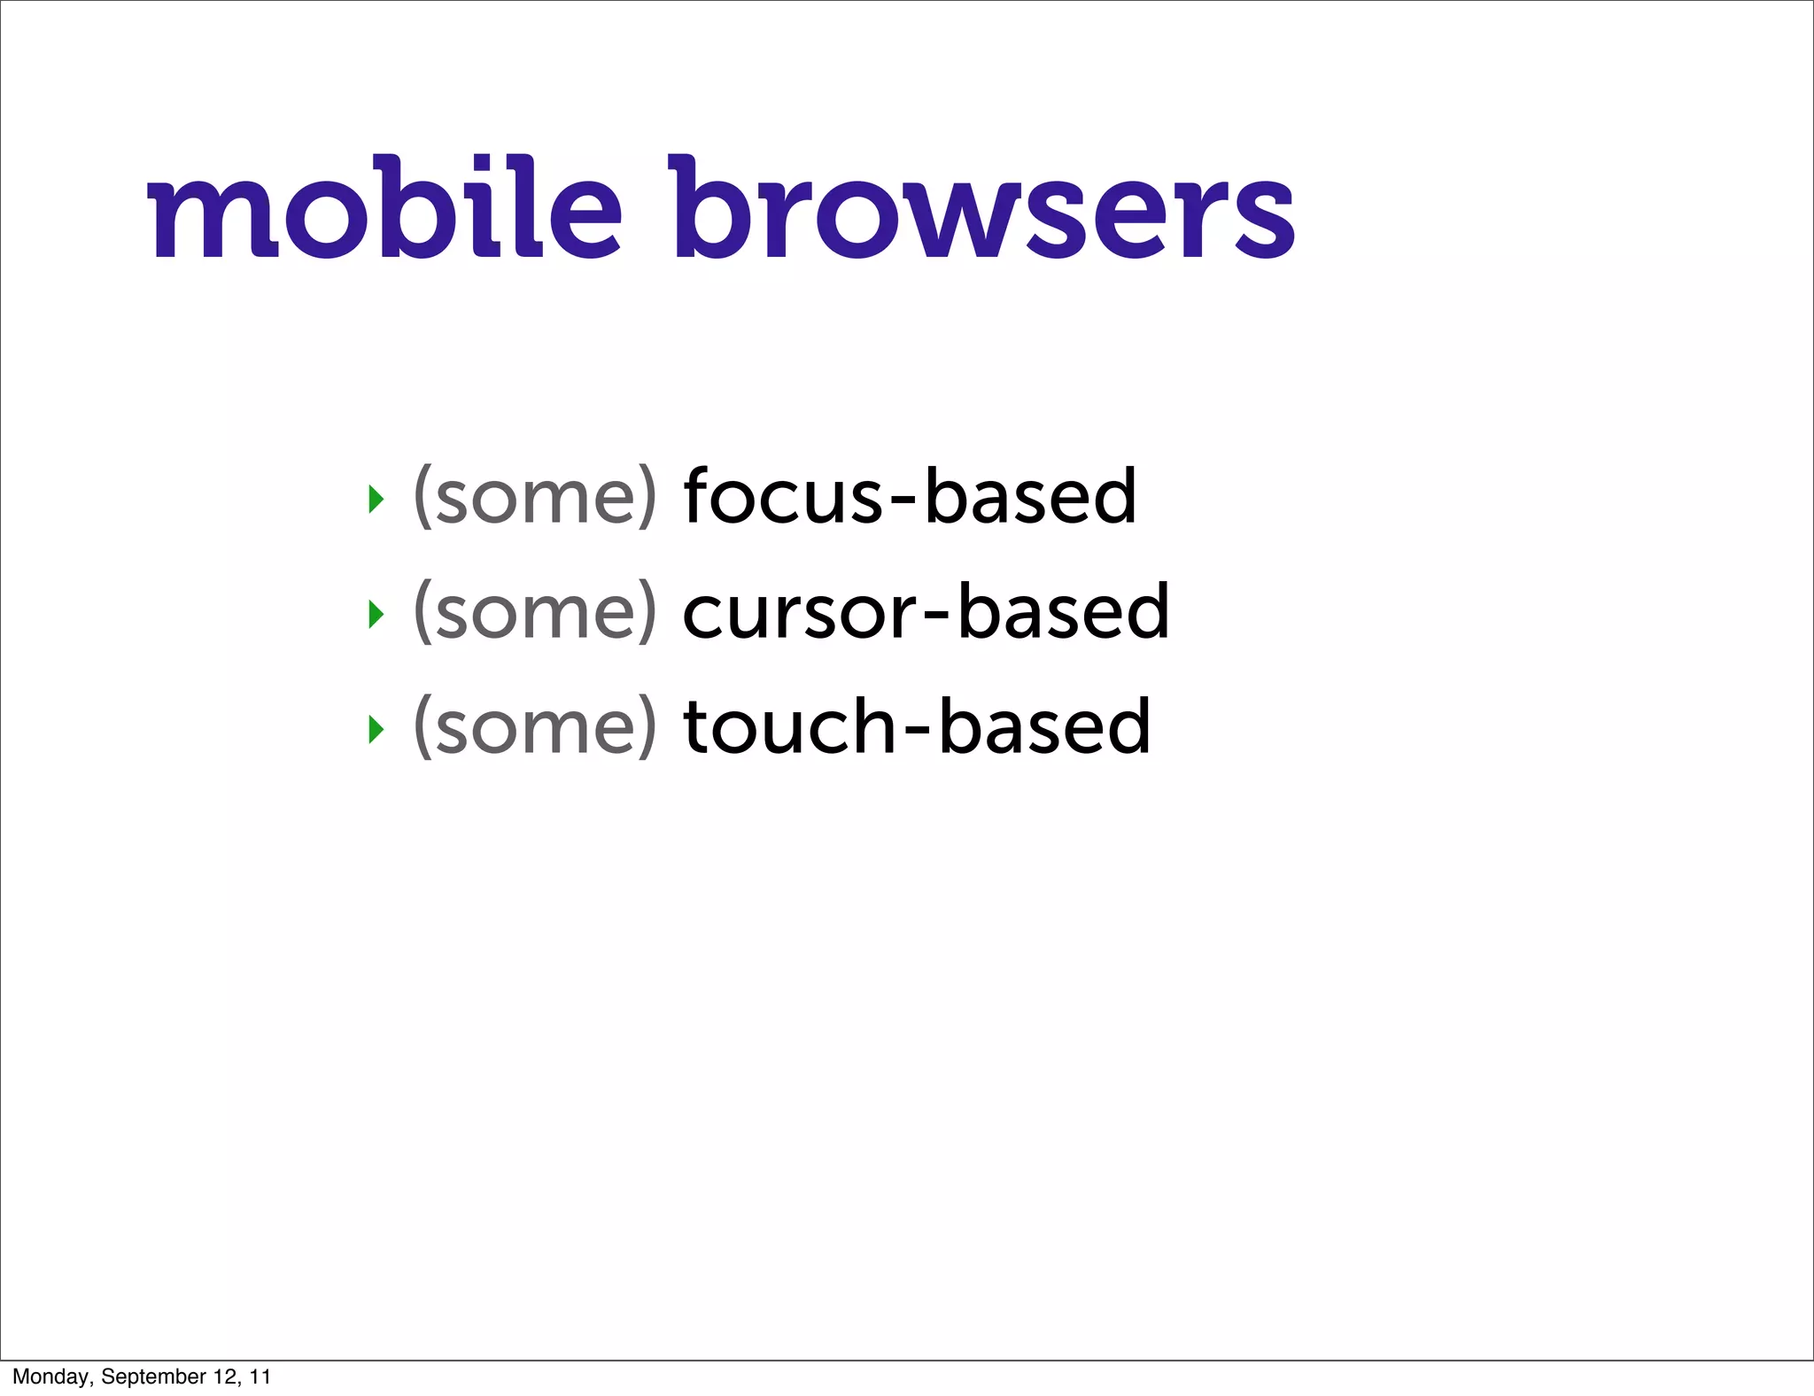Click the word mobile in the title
(384, 211)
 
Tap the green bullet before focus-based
(376, 499)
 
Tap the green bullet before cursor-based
(376, 614)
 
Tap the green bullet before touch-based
(376, 729)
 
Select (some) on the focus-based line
(535, 498)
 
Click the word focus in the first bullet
(783, 496)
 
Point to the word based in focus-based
(1030, 496)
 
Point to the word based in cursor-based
(1064, 611)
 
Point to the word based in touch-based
(1044, 726)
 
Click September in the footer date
(153, 1377)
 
